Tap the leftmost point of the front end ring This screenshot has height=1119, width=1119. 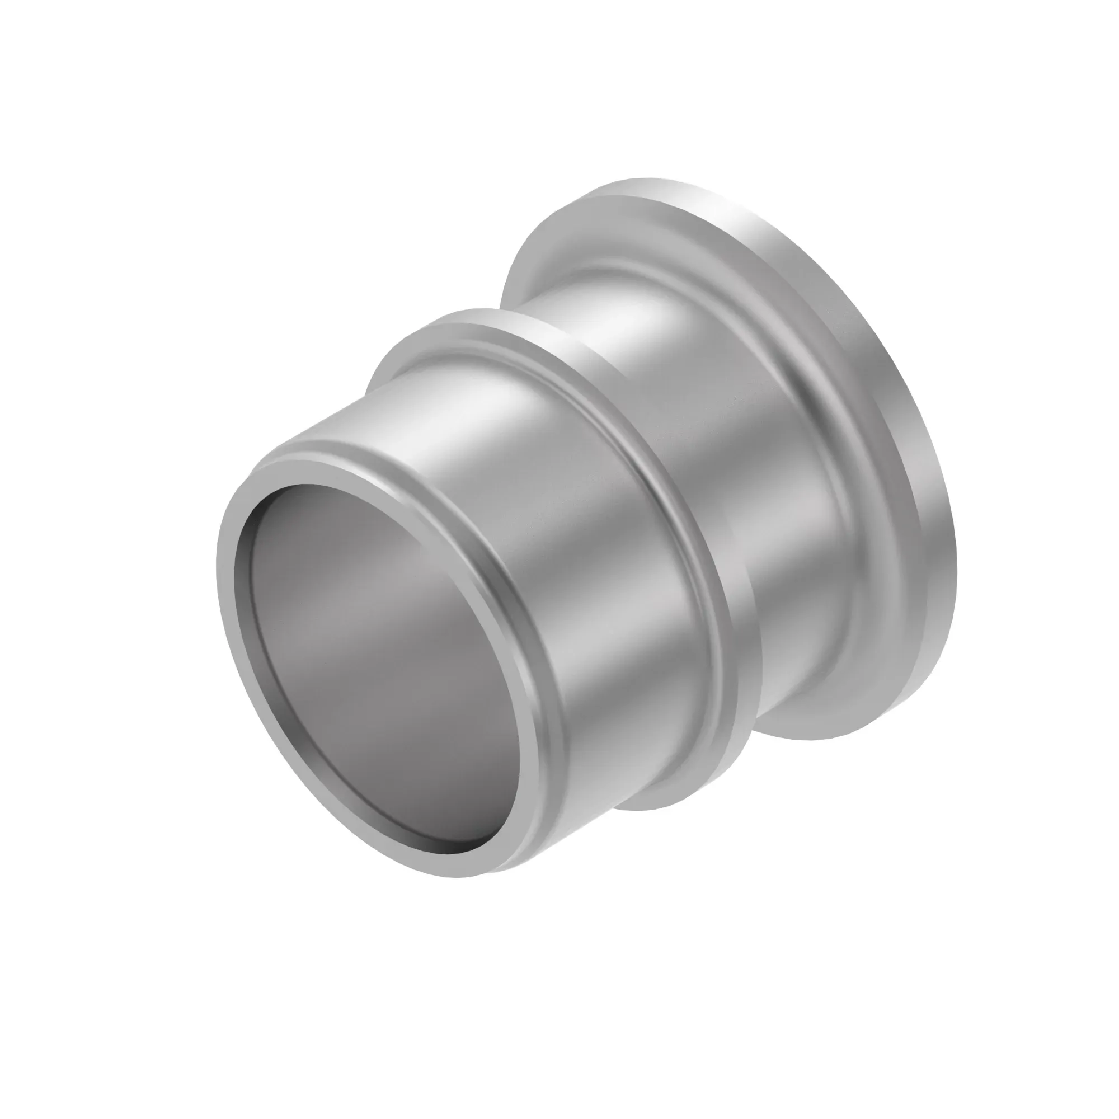click(219, 556)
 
